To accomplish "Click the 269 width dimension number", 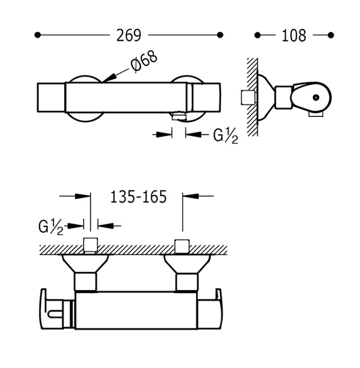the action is click(129, 35).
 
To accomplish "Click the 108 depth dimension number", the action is click(294, 35).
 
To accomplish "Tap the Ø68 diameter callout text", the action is click(143, 62).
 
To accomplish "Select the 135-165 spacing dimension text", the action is click(138, 197).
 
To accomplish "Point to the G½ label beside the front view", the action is click(226, 136).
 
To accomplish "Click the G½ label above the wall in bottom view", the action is click(51, 227).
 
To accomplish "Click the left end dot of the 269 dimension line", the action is click(38, 35).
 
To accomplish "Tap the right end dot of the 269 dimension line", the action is click(220, 35).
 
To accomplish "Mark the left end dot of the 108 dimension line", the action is click(258, 35).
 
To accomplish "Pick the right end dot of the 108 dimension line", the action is click(330, 35).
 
